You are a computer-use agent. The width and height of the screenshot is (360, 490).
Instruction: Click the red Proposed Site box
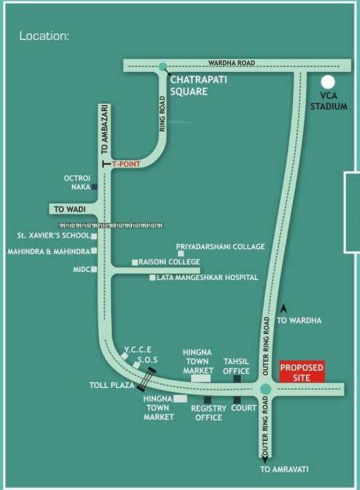(302, 372)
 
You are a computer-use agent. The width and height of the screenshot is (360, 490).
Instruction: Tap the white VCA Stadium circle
(328, 82)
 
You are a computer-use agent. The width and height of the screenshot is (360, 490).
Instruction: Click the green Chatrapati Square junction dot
(162, 66)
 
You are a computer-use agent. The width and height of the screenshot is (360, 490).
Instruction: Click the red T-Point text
(127, 163)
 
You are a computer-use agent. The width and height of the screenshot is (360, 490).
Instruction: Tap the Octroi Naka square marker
(95, 187)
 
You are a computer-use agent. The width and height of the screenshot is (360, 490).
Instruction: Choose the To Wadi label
(71, 209)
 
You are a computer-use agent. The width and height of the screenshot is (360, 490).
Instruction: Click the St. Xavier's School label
(52, 235)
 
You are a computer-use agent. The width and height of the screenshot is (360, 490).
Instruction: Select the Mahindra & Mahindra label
(47, 252)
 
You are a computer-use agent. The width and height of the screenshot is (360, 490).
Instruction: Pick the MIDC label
(80, 268)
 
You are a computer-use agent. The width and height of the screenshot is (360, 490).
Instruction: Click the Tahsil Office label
(236, 364)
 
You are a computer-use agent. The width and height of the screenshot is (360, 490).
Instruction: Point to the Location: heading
(44, 37)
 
